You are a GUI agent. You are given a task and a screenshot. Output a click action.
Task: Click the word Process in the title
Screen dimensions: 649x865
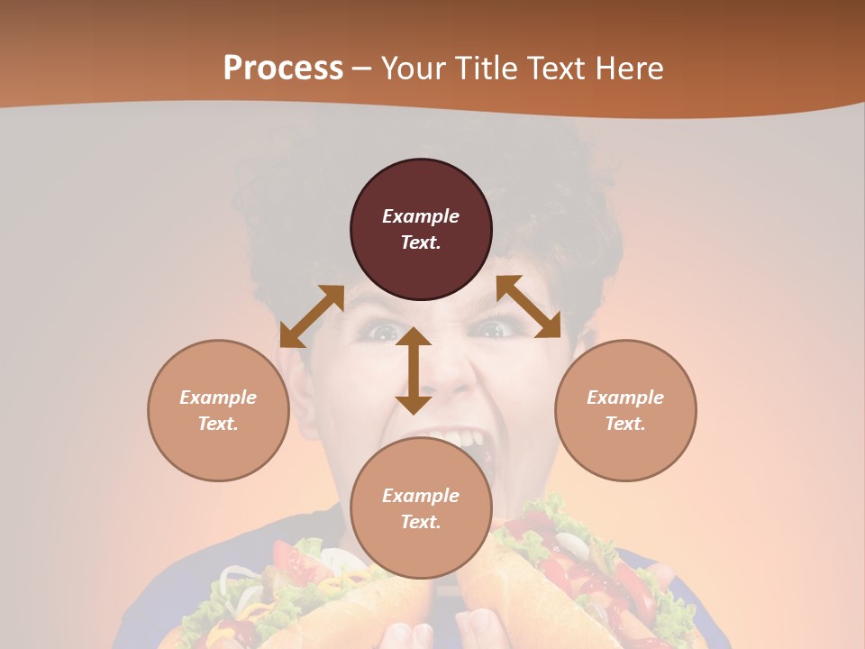point(283,69)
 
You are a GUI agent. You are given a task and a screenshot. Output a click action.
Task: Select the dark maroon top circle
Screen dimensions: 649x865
point(421,229)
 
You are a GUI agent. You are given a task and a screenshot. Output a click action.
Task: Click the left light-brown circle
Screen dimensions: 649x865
point(218,410)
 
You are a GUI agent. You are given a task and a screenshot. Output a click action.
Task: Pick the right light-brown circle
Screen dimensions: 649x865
point(625,410)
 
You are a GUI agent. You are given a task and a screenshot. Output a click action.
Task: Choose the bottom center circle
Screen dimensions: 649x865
point(421,508)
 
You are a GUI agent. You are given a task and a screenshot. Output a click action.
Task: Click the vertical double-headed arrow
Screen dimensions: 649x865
point(414,370)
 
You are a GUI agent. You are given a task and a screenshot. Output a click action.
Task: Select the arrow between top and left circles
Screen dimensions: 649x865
point(312,316)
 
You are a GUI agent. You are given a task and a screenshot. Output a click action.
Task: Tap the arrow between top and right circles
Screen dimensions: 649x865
point(529,306)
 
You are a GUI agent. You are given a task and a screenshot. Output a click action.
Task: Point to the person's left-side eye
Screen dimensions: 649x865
point(382,332)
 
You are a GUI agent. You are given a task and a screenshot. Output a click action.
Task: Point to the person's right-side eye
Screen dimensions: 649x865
point(492,329)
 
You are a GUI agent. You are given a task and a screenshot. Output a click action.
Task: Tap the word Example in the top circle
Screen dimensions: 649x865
point(421,216)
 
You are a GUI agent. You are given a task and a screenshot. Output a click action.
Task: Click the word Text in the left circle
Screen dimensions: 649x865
point(218,424)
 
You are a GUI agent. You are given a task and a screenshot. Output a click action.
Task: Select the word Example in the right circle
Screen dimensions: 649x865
point(625,398)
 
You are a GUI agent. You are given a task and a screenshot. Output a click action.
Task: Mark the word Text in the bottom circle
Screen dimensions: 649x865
point(421,522)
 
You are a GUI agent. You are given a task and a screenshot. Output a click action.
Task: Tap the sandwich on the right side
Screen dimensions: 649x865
point(577,577)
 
